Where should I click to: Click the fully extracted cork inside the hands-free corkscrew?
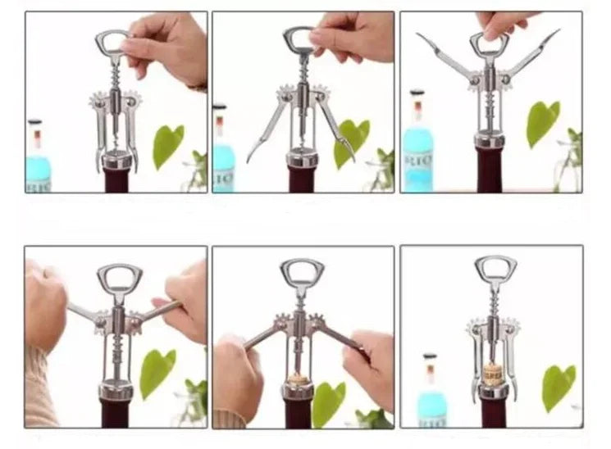click(x=492, y=373)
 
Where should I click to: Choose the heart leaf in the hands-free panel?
click(x=558, y=385)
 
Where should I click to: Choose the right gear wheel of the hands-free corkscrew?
click(x=511, y=328)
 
